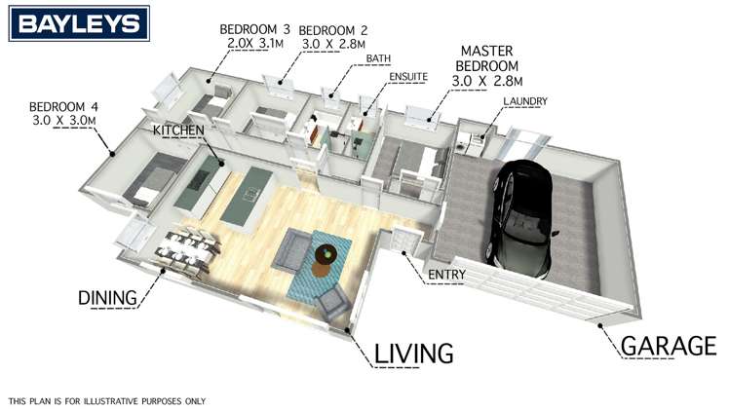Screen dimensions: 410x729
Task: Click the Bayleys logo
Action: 80,23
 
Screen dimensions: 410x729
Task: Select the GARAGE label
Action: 670,346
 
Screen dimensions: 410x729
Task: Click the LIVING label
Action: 413,352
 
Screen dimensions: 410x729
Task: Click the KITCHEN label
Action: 177,130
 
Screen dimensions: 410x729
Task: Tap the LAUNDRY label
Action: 525,101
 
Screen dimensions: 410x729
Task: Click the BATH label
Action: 378,59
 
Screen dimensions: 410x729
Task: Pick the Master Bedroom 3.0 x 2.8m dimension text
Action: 492,80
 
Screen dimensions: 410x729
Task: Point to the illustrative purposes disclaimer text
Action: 107,400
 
